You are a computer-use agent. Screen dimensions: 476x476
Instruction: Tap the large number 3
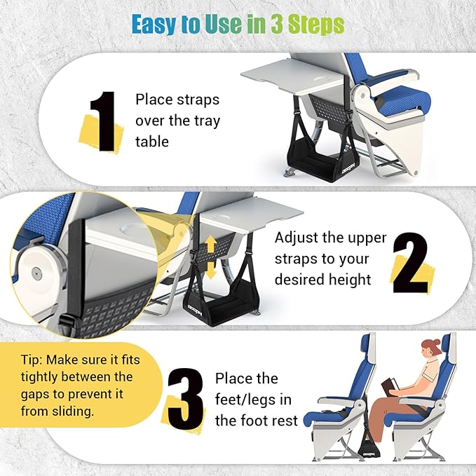click(x=186, y=400)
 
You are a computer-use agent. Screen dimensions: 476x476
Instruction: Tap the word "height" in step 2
click(x=348, y=280)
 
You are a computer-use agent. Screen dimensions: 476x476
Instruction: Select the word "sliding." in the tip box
click(x=78, y=412)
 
